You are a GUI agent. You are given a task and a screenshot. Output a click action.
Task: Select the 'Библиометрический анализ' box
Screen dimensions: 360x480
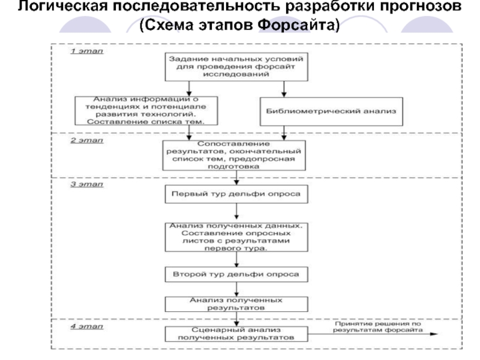pyautogui.click(x=330, y=111)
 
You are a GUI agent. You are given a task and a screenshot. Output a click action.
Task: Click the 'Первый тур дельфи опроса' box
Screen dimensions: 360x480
pyautogui.click(x=236, y=194)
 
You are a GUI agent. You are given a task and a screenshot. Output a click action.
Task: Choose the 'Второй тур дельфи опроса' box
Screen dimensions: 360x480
pyautogui.click(x=236, y=274)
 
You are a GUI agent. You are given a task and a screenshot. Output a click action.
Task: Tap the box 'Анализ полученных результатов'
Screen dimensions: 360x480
pyautogui.click(x=236, y=302)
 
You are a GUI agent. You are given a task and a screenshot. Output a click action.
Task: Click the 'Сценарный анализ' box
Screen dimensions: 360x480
pyautogui.click(x=236, y=334)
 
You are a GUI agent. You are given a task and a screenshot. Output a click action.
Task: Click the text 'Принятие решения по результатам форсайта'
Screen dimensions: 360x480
pyautogui.click(x=378, y=327)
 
